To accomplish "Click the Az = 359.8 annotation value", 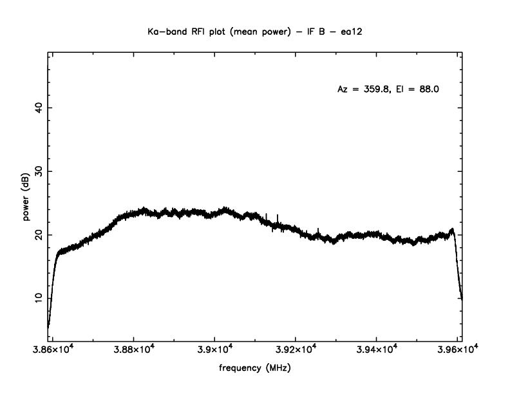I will pyautogui.click(x=363, y=89).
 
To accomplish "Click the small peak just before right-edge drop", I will pyautogui.click(x=452, y=229).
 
